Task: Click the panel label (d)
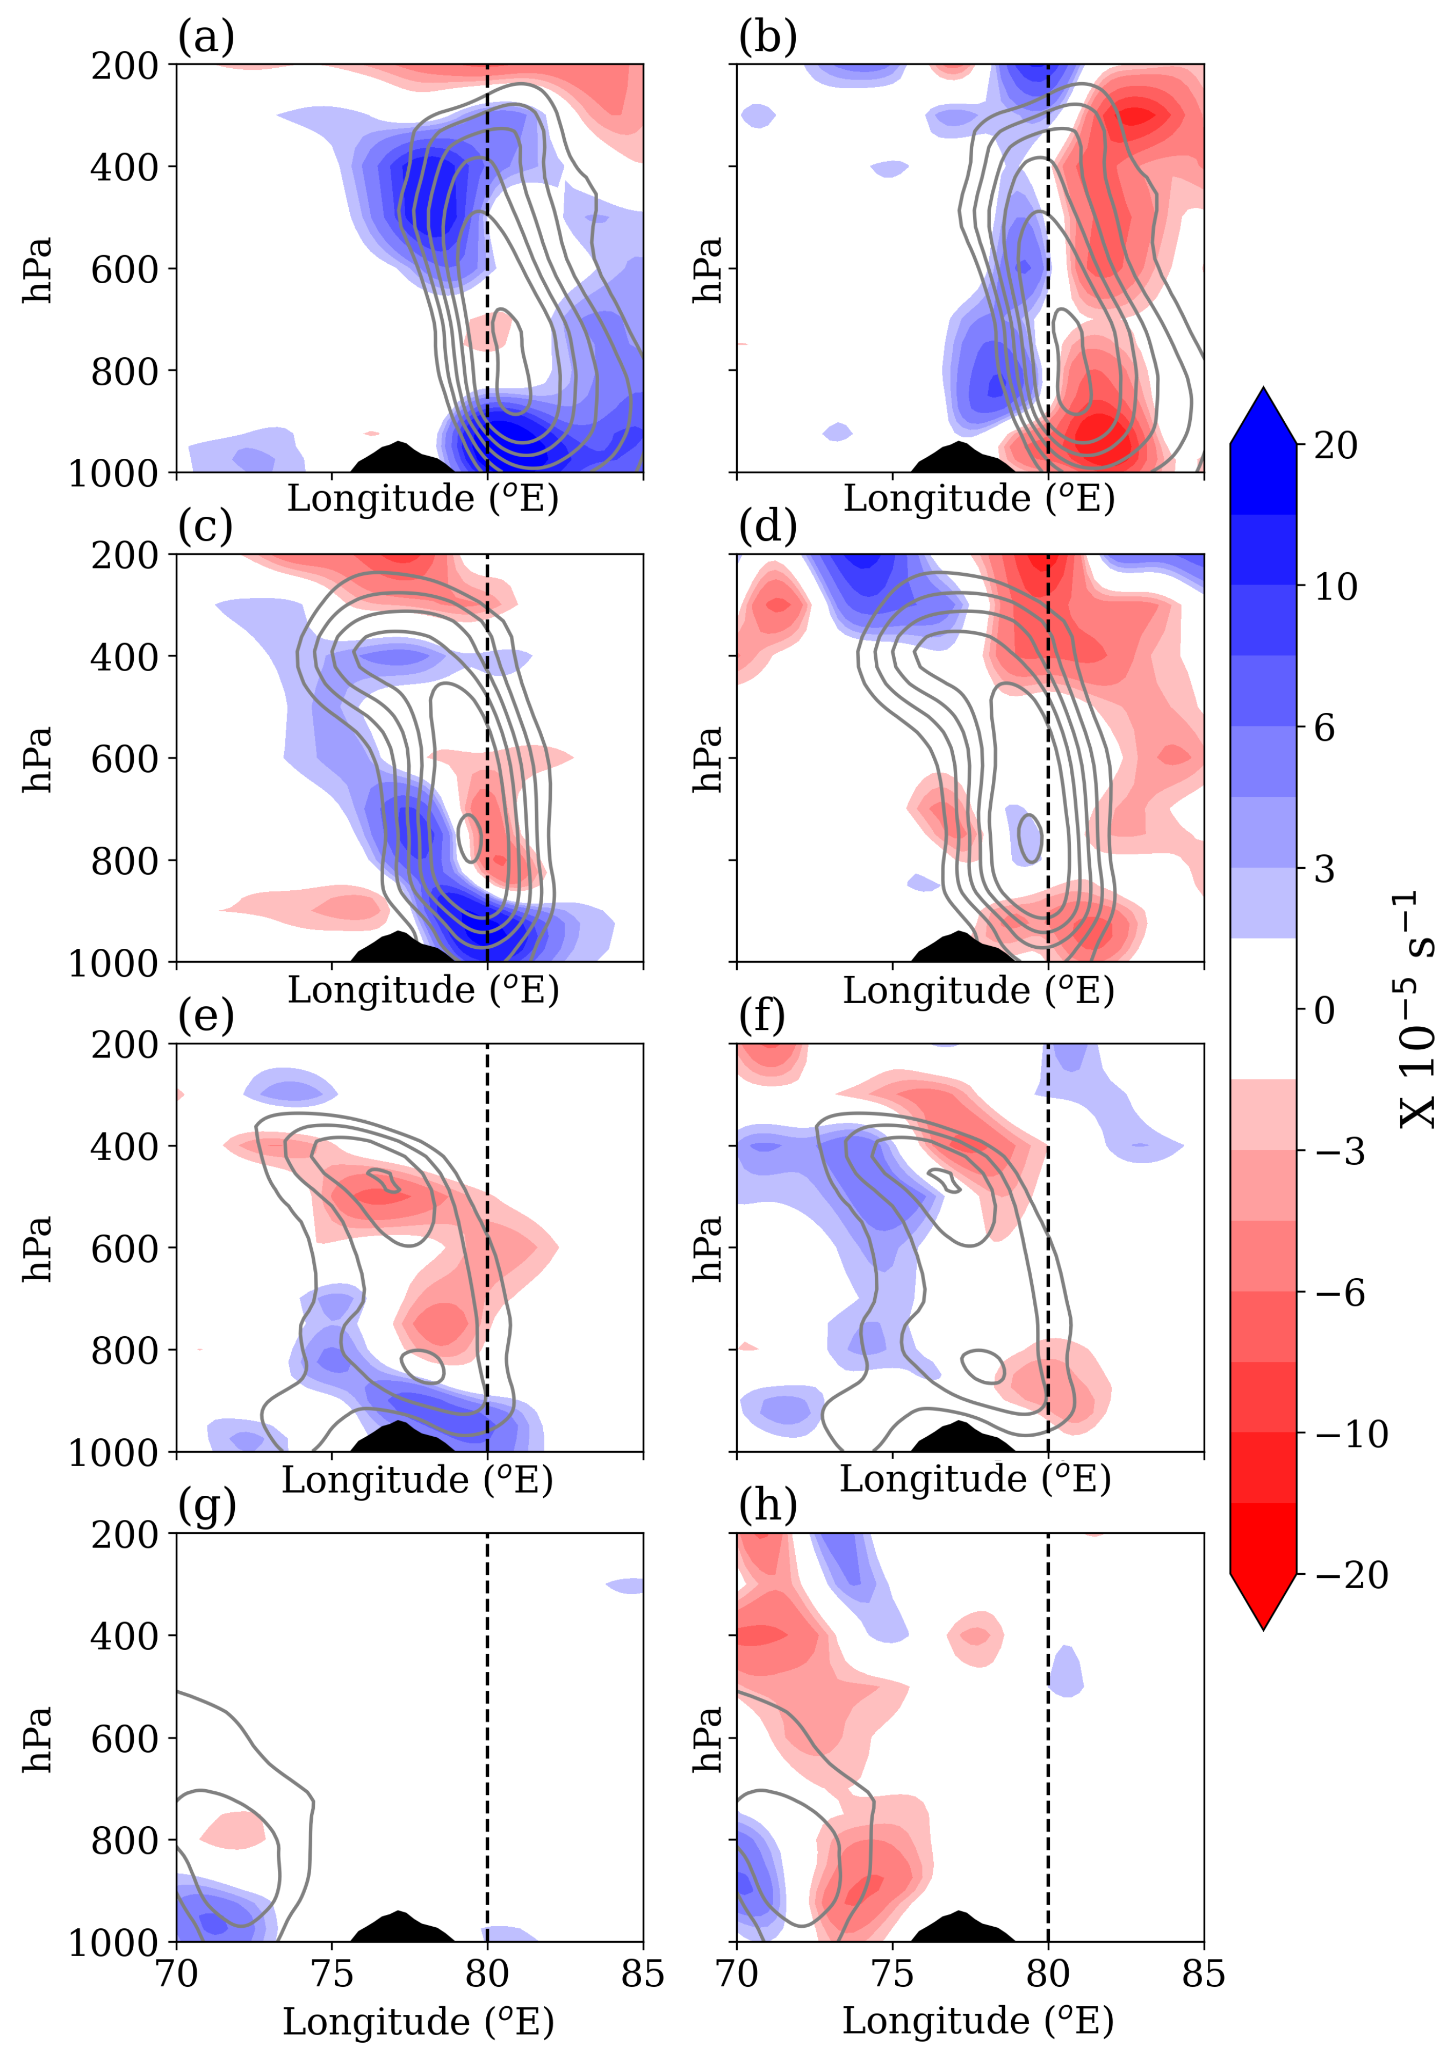click(x=767, y=528)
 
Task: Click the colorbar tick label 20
click(x=1336, y=445)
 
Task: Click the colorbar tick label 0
click(x=1324, y=1011)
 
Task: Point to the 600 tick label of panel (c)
click(x=124, y=759)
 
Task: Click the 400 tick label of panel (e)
click(x=124, y=1146)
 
